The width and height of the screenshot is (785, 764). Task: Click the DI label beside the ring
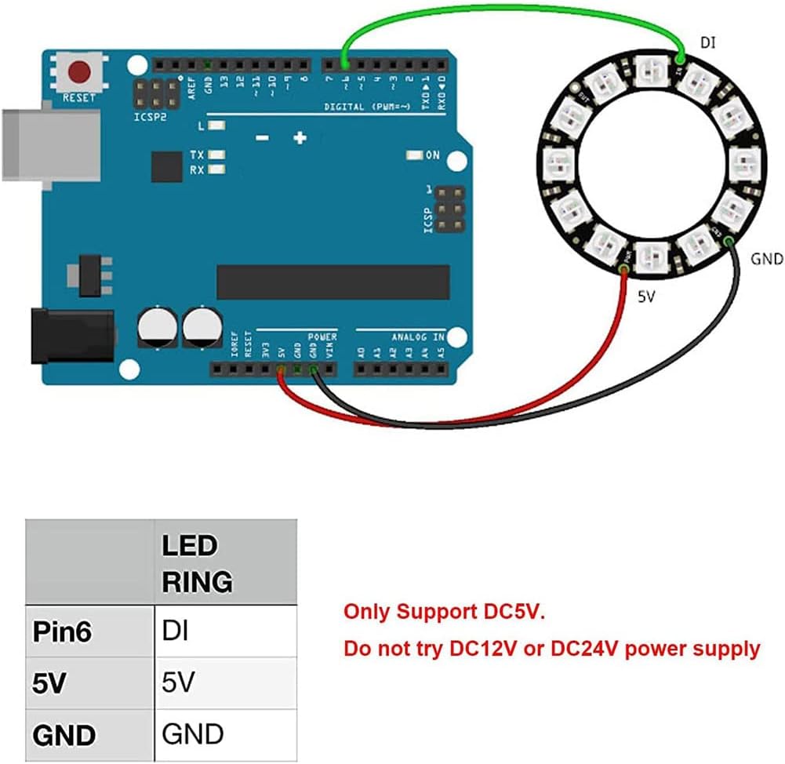click(707, 43)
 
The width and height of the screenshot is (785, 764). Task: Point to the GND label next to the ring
click(766, 259)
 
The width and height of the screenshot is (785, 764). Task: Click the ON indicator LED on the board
click(414, 155)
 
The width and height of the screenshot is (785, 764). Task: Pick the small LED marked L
click(216, 126)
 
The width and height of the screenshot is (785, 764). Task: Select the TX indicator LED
click(216, 155)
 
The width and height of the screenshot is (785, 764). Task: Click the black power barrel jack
click(71, 336)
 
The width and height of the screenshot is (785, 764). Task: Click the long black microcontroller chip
click(333, 282)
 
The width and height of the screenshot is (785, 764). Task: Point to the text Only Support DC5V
click(442, 612)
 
